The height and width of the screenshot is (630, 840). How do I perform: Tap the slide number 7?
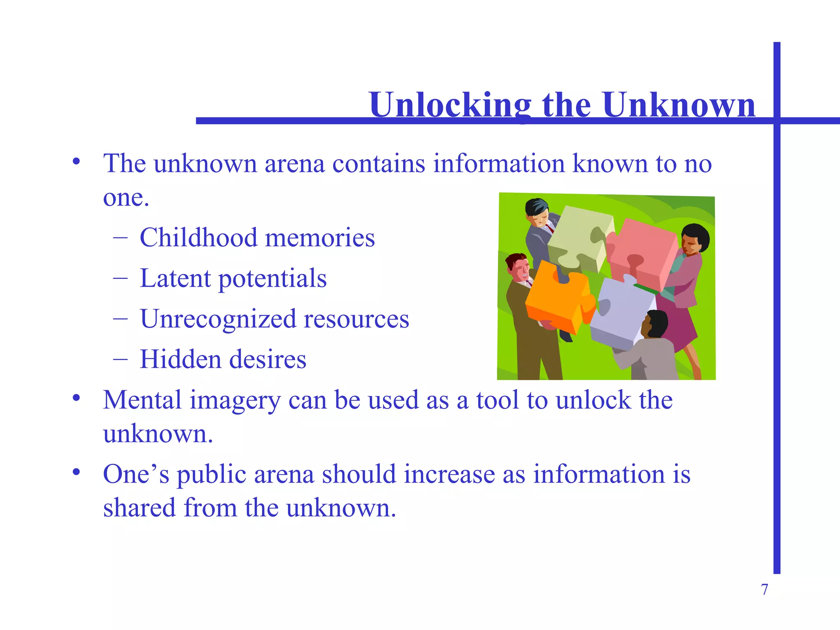click(765, 589)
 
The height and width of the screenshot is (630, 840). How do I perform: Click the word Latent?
click(175, 278)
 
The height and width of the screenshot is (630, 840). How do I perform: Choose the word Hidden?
click(180, 359)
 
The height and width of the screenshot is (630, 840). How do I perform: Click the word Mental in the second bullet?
click(142, 400)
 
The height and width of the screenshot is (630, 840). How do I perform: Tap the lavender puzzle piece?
click(621, 312)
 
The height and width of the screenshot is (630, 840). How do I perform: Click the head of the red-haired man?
click(518, 267)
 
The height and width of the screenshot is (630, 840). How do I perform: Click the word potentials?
click(272, 279)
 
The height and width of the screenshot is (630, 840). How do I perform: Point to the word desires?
click(267, 359)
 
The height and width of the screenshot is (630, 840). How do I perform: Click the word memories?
click(320, 237)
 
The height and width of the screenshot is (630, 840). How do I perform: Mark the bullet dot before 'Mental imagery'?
click(76, 398)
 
